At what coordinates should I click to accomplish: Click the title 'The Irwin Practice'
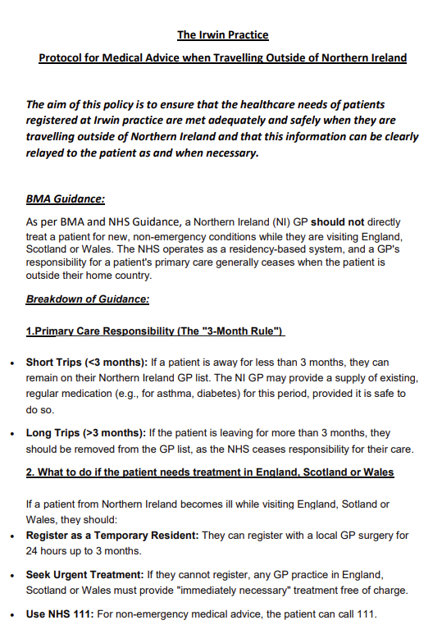(222, 35)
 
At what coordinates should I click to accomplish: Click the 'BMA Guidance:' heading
(65, 199)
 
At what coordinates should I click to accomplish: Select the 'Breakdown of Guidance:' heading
(87, 299)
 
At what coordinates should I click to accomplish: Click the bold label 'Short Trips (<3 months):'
(86, 362)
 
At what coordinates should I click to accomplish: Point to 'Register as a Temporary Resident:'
(112, 536)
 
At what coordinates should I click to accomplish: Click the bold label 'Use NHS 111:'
(60, 614)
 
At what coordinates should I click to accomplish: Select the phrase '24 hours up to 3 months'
(80, 550)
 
